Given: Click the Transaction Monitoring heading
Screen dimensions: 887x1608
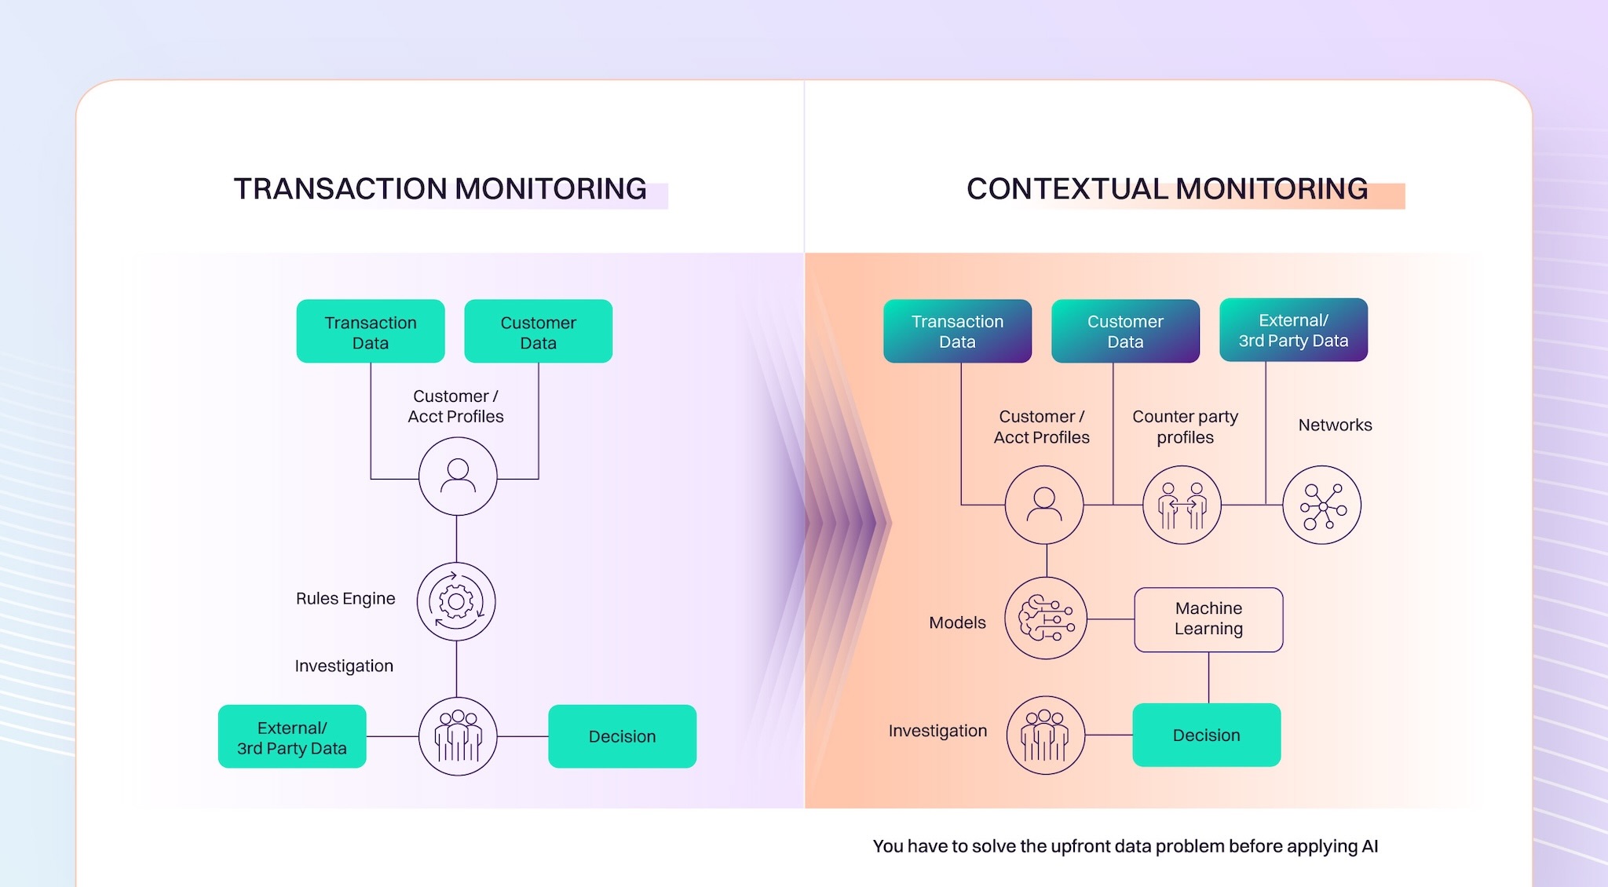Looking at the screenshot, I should tap(440, 189).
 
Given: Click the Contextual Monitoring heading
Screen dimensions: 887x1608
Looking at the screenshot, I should tap(1167, 189).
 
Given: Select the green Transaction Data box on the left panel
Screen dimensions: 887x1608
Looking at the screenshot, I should tap(371, 331).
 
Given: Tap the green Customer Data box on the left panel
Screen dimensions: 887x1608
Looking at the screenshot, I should tap(538, 331).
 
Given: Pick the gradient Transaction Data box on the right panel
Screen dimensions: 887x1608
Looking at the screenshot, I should tap(957, 330).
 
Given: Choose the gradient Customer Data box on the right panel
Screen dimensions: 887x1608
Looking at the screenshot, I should tap(1125, 330).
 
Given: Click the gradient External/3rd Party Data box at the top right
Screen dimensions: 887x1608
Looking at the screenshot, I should tap(1293, 330).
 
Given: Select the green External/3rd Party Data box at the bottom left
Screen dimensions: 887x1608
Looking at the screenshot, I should tap(292, 736).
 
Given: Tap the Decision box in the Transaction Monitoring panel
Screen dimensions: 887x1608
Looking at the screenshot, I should tap(622, 736).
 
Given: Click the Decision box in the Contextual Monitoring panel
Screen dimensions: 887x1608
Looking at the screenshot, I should tap(1206, 735).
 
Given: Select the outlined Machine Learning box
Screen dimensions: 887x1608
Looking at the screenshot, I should tap(1208, 619).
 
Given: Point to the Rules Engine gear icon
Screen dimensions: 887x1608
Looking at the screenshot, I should tap(456, 601).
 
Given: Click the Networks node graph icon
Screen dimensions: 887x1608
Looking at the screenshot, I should tap(1321, 505).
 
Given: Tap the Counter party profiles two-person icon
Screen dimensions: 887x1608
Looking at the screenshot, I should tap(1182, 505).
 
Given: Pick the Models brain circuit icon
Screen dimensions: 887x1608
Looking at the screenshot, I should tap(1045, 619).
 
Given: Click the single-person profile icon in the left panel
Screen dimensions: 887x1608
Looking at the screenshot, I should tap(458, 476).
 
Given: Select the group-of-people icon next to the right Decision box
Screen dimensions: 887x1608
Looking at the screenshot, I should tap(1045, 736).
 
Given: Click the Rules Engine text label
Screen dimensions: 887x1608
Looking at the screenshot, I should tap(345, 599).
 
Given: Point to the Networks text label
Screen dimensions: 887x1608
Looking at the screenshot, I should tap(1335, 425).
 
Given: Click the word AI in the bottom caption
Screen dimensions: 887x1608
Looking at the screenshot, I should tap(1369, 846).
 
